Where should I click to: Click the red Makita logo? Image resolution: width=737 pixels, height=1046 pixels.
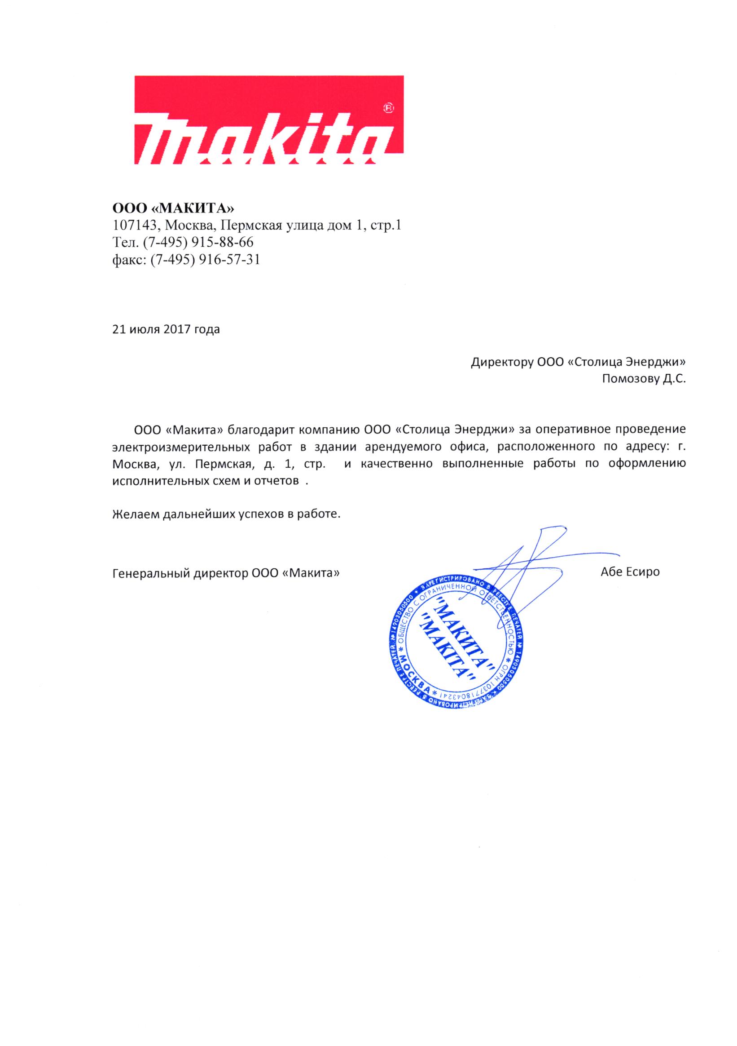269,120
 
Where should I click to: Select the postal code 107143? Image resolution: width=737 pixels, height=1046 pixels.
135,226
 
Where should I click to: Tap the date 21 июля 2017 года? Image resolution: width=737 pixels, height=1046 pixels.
166,329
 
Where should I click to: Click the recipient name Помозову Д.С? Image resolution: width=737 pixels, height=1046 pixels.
644,379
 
